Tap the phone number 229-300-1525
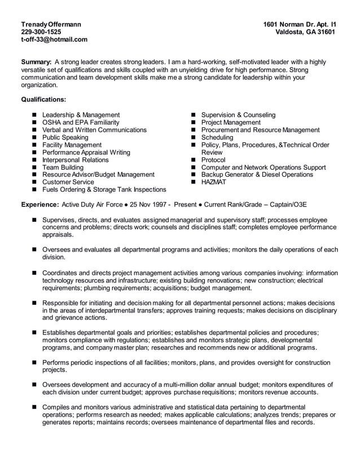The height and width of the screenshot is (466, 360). (41, 32)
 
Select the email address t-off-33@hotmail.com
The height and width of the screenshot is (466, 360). (54, 39)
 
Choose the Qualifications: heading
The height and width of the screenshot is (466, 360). (43, 99)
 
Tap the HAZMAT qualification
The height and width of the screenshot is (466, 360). (214, 182)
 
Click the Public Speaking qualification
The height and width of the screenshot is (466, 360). (65, 138)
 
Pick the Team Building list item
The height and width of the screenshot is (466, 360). (63, 168)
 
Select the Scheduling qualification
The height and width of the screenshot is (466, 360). (217, 138)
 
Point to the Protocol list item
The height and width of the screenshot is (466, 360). (213, 160)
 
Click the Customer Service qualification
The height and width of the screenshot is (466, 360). (68, 182)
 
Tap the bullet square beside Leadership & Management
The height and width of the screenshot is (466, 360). (34, 115)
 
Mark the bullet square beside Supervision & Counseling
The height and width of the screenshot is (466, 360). (194, 115)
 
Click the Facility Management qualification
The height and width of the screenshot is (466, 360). (72, 145)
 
